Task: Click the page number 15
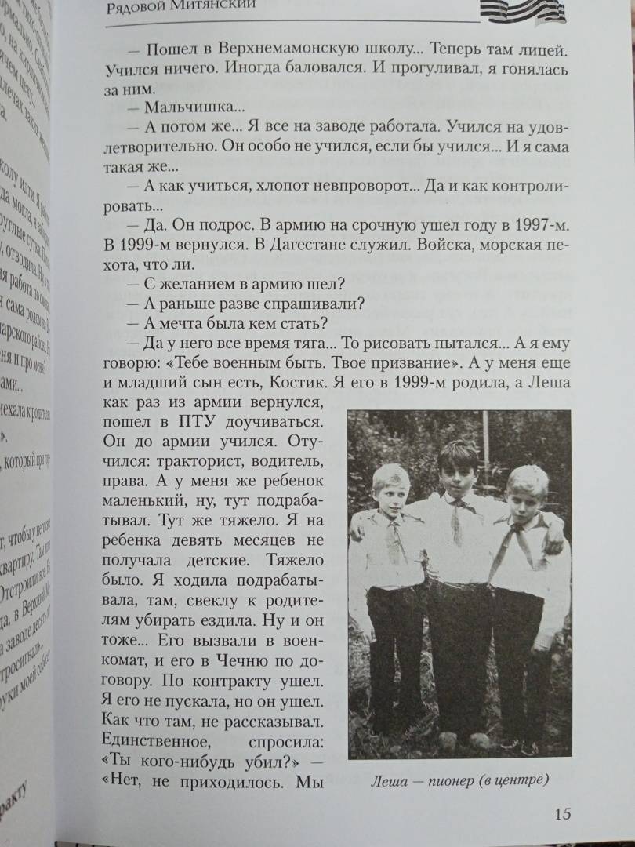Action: (561, 812)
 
